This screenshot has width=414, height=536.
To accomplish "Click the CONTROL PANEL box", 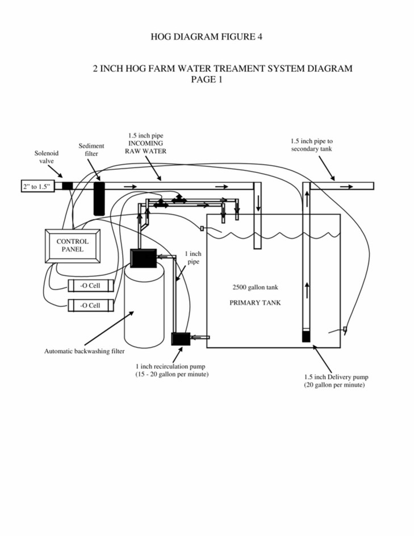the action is coord(73,246).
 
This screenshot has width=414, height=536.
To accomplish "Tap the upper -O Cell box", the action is coord(91,286).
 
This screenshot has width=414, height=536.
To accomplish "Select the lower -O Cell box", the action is coord(91,305).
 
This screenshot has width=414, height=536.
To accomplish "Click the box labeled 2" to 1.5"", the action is coord(37,186).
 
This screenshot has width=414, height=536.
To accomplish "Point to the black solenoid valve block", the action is coord(68,186).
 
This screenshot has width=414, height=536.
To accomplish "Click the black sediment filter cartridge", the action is coord(99,199).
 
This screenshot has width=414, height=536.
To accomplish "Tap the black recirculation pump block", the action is coord(181,339).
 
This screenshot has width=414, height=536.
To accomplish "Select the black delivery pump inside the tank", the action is coord(306,336).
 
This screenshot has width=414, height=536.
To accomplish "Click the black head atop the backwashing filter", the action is coord(143,258).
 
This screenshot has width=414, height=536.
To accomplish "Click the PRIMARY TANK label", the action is coord(255,303).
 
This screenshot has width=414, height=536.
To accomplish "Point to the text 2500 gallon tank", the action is coord(256,287).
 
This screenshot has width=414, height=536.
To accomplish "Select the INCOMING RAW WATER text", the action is coord(145,147).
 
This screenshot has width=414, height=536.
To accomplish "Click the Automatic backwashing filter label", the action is coord(85,351).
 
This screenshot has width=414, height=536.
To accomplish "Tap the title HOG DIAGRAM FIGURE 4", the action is coord(207,36).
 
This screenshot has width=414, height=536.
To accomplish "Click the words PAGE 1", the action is coord(207,79).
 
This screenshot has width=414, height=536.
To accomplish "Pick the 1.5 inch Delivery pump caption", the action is coord(336,381).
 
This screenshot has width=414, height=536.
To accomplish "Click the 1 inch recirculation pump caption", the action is coord(172,370).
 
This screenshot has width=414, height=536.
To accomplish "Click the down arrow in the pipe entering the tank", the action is coord(258,203).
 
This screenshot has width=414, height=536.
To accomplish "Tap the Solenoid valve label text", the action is coord(47,157).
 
